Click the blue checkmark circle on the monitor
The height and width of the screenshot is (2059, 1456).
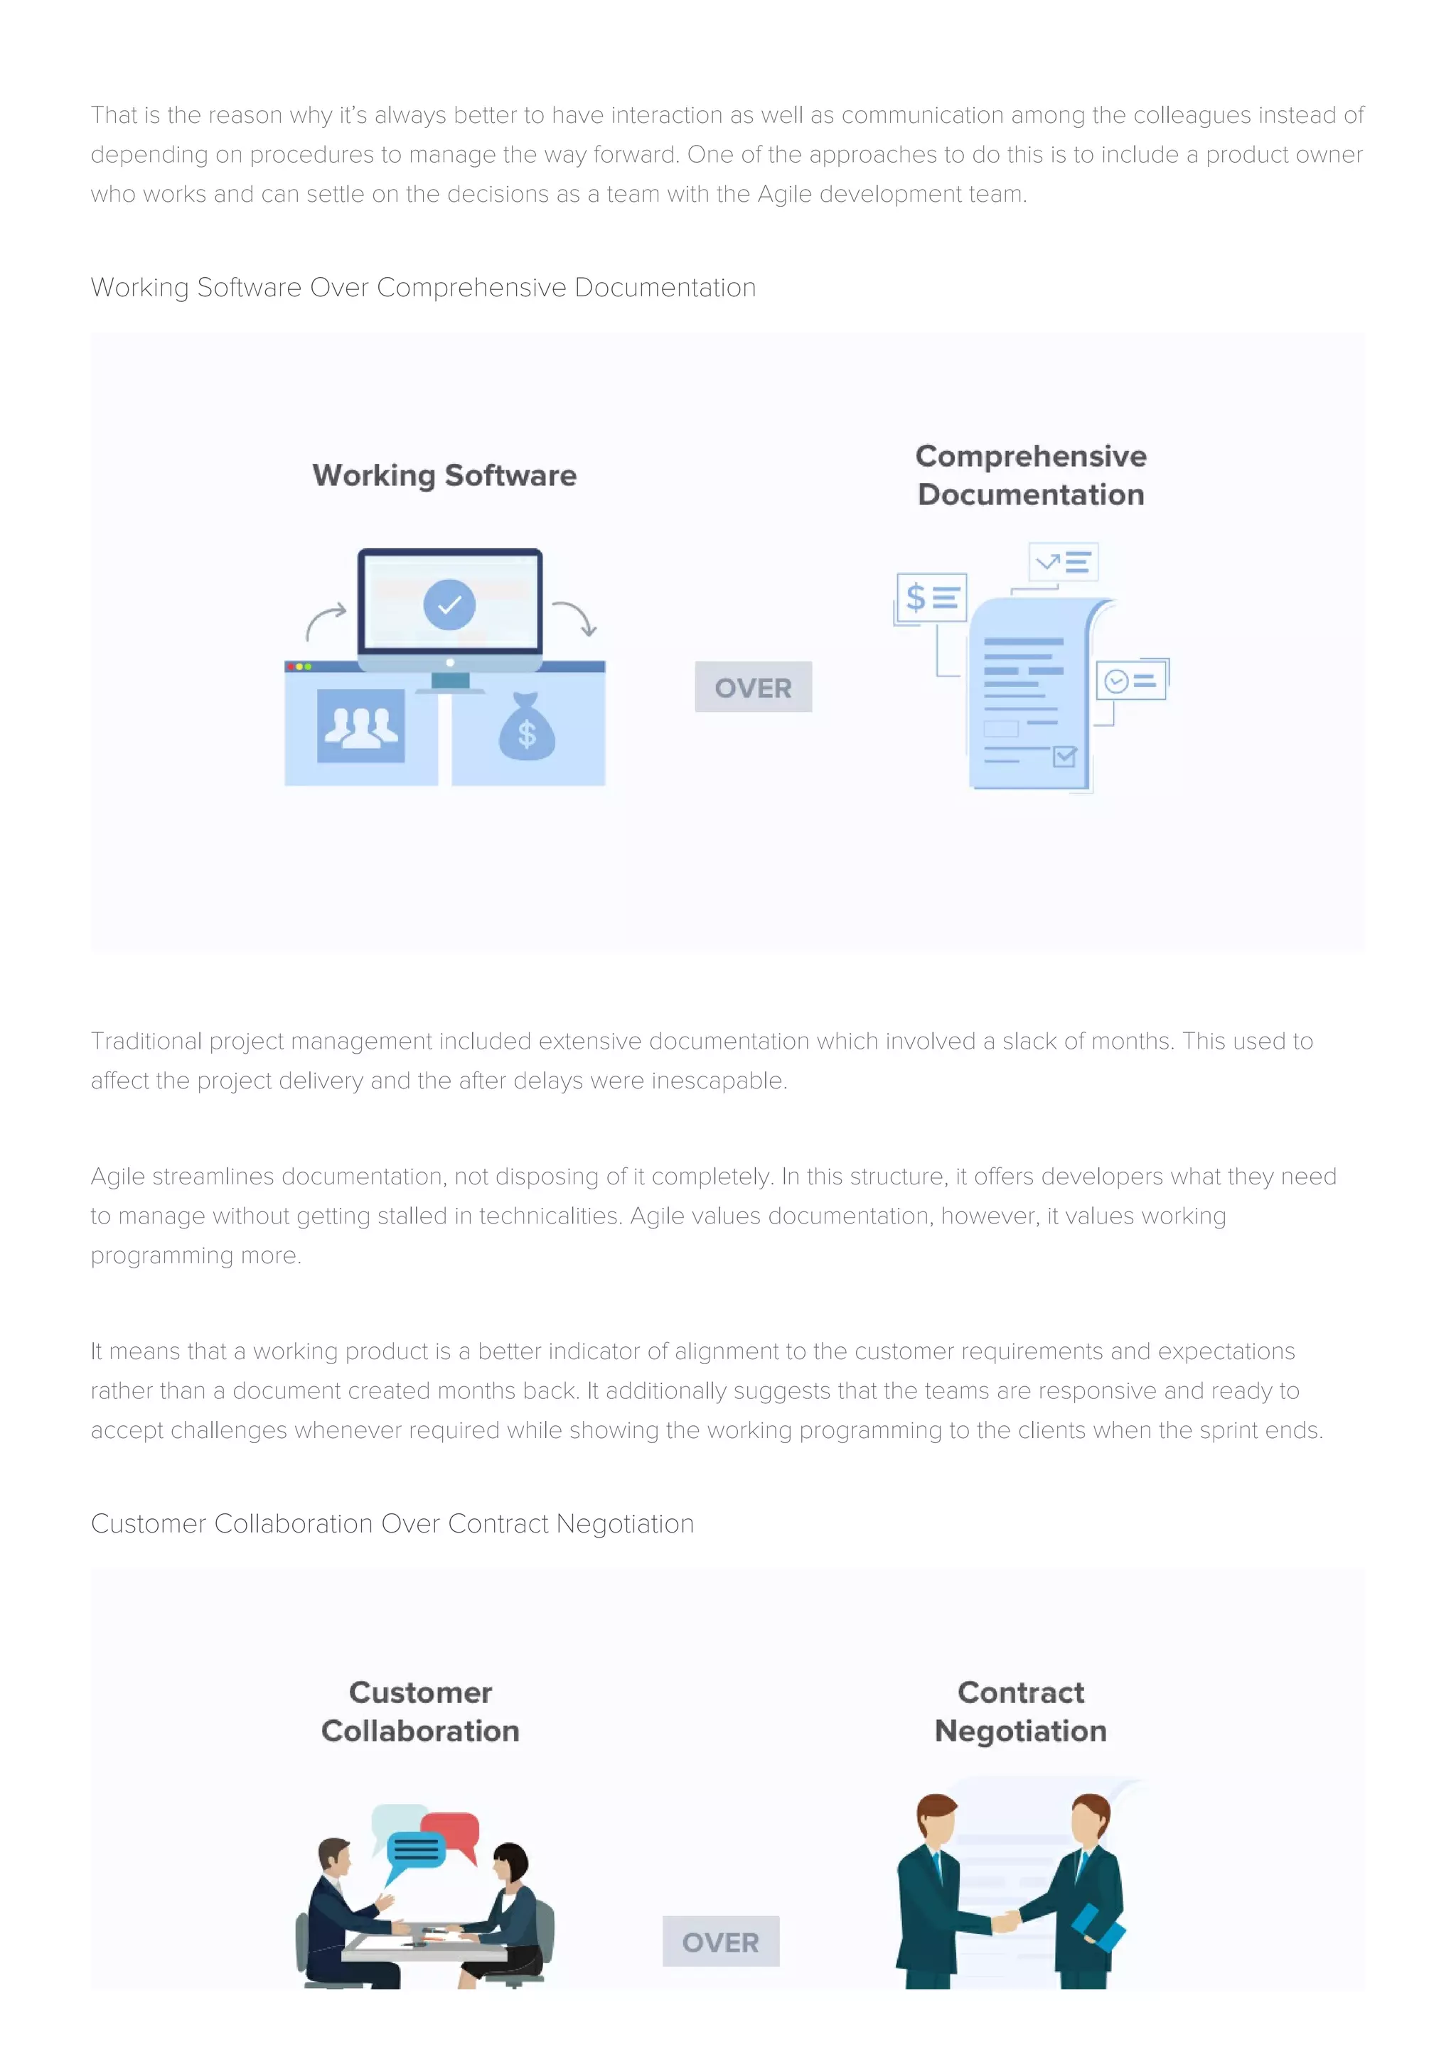tap(449, 605)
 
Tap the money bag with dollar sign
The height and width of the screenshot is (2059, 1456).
tap(527, 728)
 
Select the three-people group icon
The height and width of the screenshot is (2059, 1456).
tap(360, 725)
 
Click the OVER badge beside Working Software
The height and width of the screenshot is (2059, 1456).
tap(753, 687)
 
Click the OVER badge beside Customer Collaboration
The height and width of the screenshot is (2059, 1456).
tap(720, 1942)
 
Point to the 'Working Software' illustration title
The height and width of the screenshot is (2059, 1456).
tap(444, 475)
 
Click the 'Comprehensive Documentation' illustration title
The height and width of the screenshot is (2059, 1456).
tap(1031, 475)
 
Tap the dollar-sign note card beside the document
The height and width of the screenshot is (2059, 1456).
tap(932, 596)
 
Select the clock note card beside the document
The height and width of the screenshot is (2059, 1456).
tap(1131, 681)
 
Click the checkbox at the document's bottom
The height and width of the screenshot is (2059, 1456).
tap(1064, 757)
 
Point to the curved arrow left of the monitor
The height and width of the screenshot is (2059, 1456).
tap(325, 620)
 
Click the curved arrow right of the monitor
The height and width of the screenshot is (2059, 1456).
tap(575, 617)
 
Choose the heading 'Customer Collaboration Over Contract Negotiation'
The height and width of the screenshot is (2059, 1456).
tap(392, 1523)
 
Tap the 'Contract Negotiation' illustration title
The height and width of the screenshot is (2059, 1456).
tap(1021, 1711)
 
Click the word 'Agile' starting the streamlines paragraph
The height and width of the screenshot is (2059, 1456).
tap(117, 1177)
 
